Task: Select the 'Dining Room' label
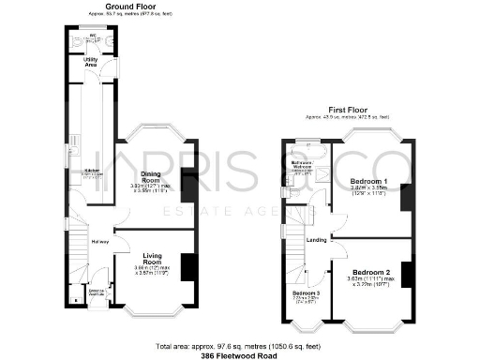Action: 150,175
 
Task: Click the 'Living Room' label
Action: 152,258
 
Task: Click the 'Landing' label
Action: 317,239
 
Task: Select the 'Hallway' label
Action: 99,242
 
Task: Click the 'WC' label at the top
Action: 92,37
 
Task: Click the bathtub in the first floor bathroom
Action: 305,149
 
